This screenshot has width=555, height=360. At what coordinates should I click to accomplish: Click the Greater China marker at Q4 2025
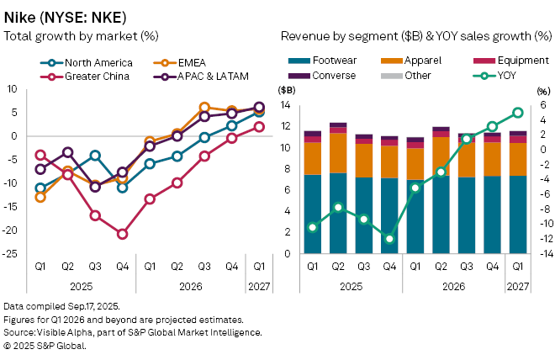[122, 235]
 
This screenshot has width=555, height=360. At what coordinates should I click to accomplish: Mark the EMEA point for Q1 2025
[40, 197]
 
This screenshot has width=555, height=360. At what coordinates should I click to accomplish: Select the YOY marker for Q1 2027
[518, 112]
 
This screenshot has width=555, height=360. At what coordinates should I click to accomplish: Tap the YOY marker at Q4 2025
[389, 239]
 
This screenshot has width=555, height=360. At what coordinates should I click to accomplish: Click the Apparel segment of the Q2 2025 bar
[338, 152]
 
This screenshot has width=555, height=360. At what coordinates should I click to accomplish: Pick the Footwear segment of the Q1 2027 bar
[518, 214]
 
